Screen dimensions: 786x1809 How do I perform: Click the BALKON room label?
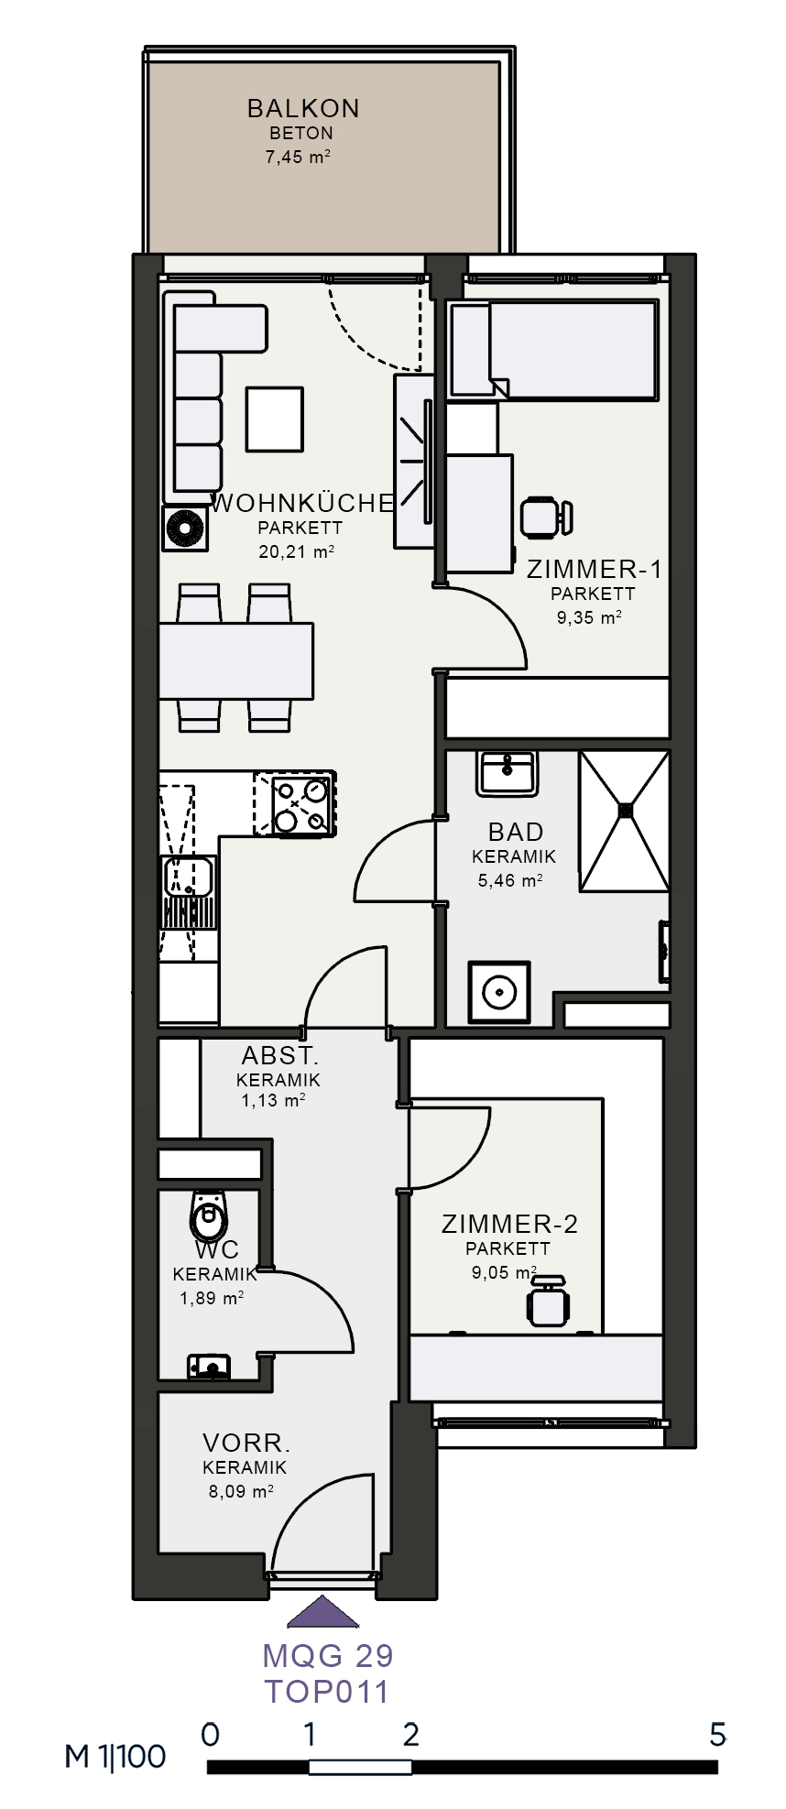[303, 108]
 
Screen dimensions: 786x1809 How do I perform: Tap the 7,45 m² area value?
[298, 157]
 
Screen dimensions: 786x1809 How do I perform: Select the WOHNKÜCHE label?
[303, 503]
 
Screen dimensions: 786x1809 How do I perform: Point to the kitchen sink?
[188, 877]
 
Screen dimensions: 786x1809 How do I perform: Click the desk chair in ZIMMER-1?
[546, 516]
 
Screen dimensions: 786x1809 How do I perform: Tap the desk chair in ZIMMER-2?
[548, 1300]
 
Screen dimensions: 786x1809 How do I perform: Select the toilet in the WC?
[208, 1215]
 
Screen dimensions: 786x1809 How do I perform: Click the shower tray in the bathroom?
[625, 821]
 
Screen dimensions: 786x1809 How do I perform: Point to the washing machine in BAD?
[499, 992]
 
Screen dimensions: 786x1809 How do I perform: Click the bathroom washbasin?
[507, 773]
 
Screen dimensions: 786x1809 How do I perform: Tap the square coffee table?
[274, 419]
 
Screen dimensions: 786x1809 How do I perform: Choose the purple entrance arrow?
[322, 1612]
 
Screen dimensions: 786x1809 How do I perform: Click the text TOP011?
[327, 1691]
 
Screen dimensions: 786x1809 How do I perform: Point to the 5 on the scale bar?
[717, 1734]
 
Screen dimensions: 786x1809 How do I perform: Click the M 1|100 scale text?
[115, 1756]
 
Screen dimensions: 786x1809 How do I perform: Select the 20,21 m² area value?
[296, 551]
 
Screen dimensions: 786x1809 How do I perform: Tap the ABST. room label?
[280, 1055]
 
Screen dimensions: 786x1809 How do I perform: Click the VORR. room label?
[246, 1444]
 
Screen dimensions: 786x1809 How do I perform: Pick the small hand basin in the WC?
[208, 1367]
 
